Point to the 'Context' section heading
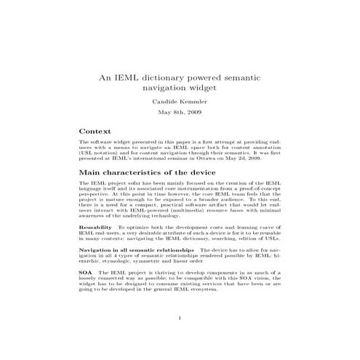pyautogui.click(x=95, y=131)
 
